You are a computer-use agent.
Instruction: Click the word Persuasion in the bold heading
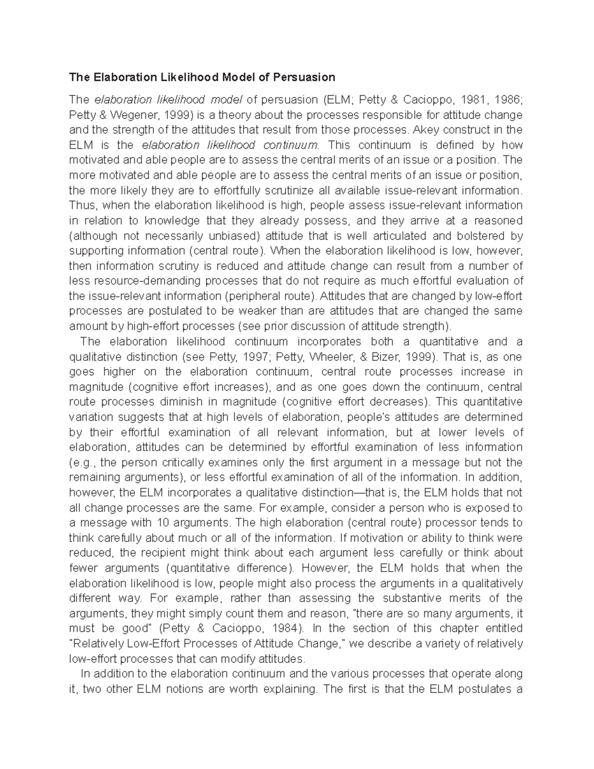coord(304,77)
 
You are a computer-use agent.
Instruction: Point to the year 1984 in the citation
coord(283,628)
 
